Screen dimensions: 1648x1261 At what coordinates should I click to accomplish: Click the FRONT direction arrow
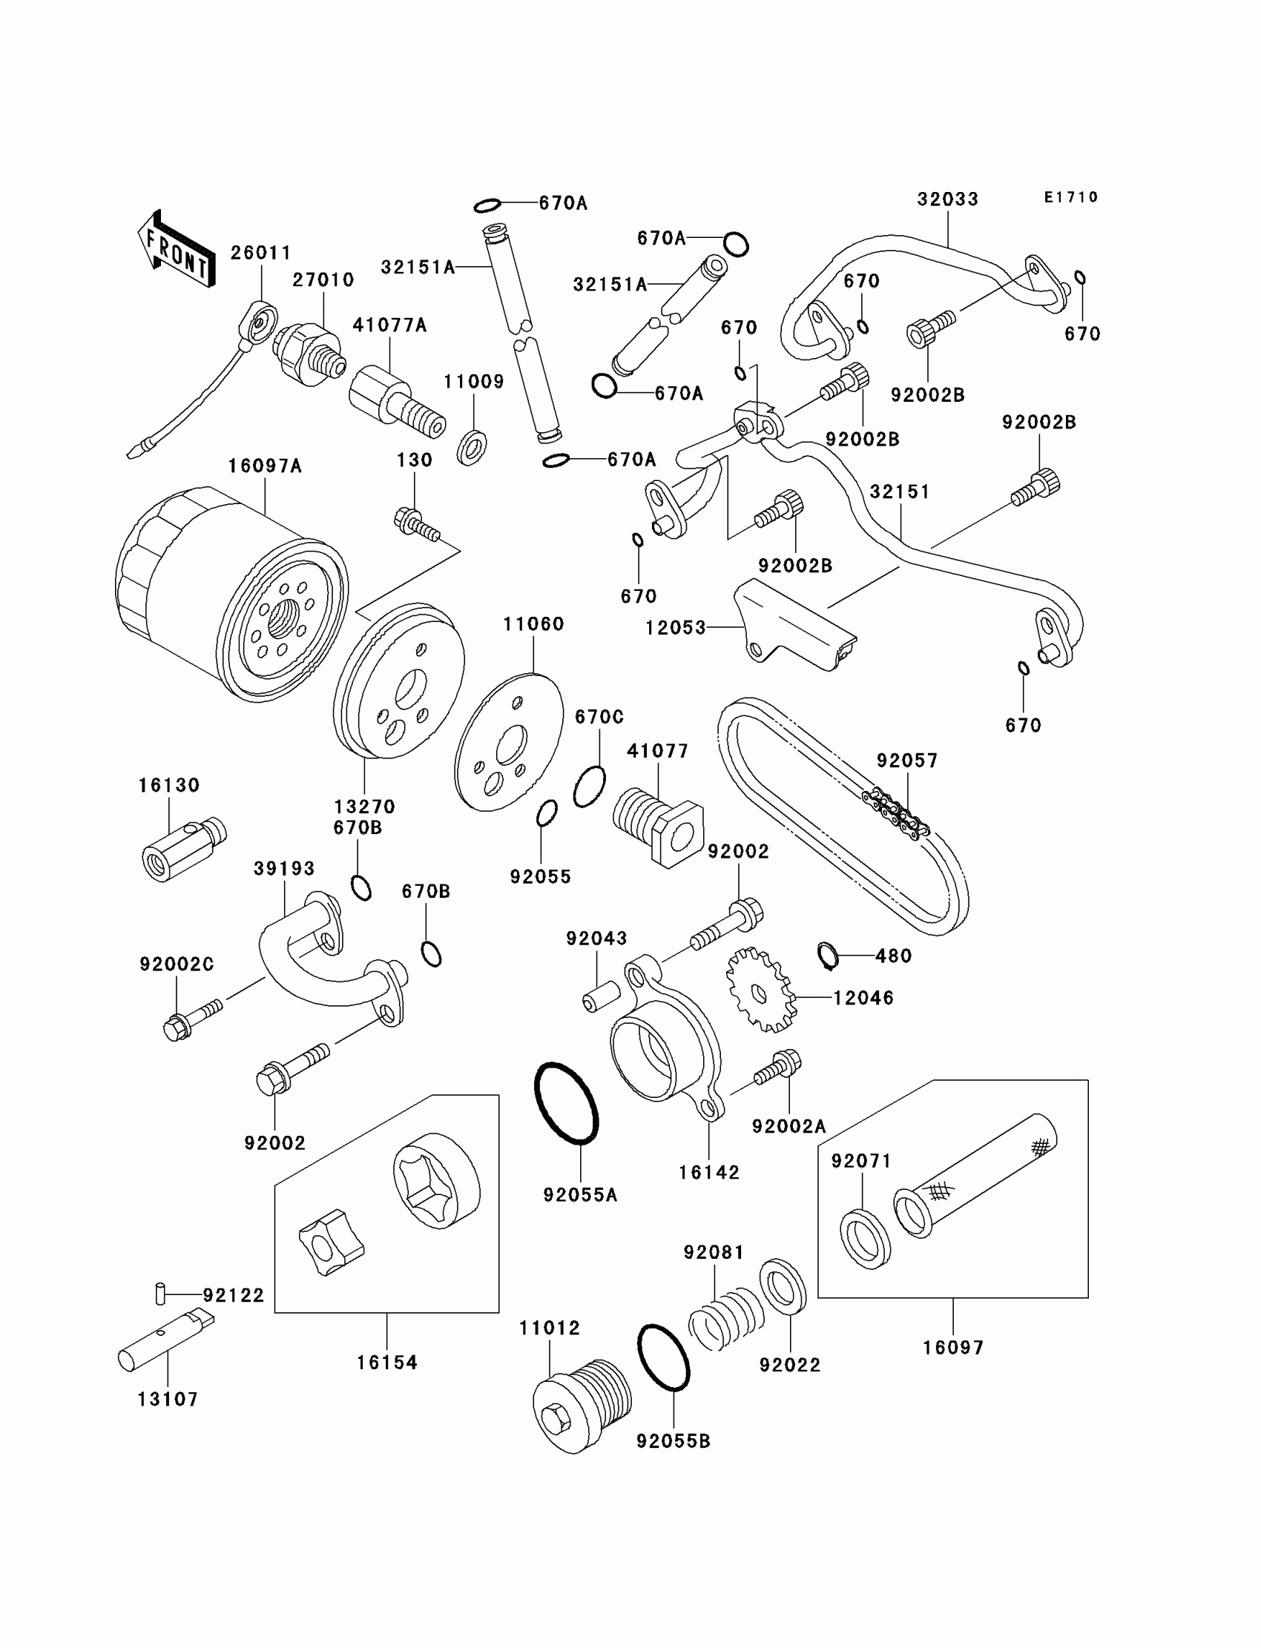[177, 248]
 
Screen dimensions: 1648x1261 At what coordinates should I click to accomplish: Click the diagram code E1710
[1071, 197]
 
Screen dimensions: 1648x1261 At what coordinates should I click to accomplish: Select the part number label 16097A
[265, 466]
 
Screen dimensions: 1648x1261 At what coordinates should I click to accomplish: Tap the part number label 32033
[948, 199]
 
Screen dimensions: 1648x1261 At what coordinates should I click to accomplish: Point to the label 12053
[676, 628]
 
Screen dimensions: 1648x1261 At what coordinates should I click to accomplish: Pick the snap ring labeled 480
[827, 954]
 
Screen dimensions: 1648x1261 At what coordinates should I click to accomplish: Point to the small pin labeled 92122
[160, 1294]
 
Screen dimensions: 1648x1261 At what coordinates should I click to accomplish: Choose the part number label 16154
[386, 1362]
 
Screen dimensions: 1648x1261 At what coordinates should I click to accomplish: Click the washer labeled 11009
[471, 448]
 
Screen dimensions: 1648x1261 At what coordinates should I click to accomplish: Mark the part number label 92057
[907, 761]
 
